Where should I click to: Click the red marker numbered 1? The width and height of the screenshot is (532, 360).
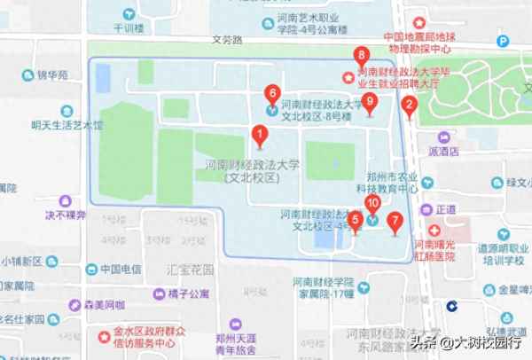click(260, 136)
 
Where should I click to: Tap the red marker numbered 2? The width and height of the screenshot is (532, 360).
click(409, 106)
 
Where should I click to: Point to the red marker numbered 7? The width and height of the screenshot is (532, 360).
click(395, 222)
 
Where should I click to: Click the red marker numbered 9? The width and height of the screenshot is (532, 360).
click(371, 102)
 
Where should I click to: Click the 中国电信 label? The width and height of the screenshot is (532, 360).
click(121, 269)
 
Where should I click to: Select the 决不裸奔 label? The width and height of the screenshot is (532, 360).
click(66, 215)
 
